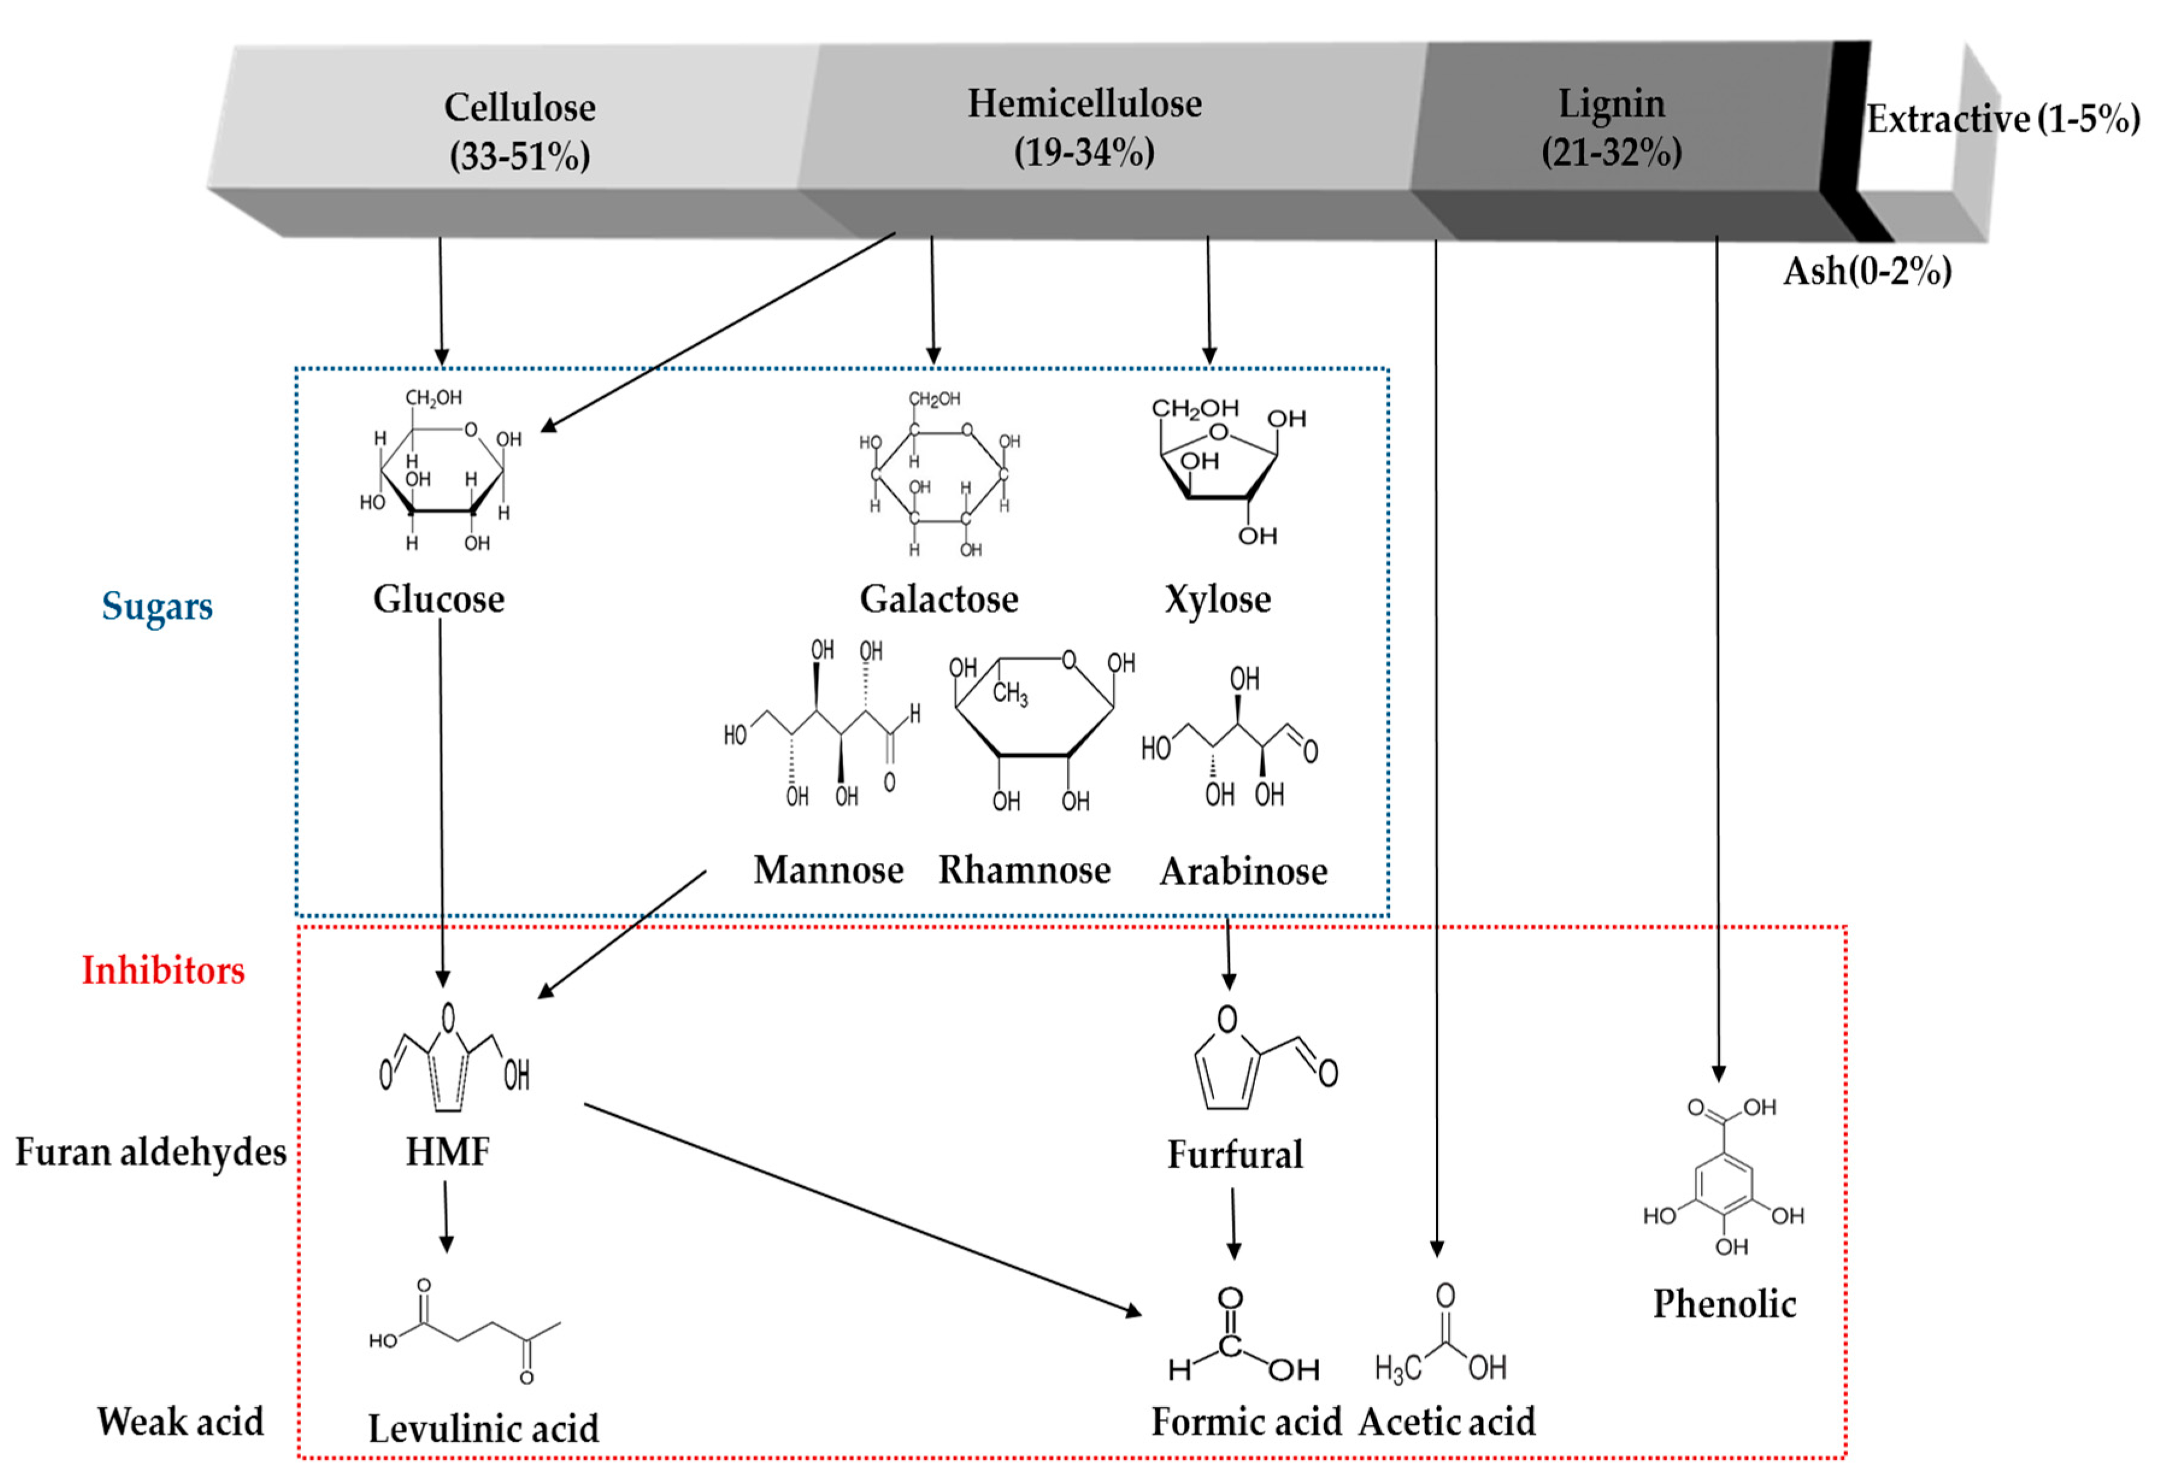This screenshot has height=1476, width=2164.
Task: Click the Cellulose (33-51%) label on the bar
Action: [520, 130]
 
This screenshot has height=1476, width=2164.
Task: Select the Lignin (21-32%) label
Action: [1612, 126]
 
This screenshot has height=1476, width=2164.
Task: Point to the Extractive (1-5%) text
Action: [2002, 119]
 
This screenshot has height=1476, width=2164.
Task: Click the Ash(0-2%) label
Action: [1867, 271]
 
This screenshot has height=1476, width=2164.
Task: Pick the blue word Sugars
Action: [157, 606]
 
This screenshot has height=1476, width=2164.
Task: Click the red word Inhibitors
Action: [163, 970]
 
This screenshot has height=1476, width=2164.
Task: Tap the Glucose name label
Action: [438, 599]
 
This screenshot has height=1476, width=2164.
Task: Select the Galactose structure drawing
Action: [938, 475]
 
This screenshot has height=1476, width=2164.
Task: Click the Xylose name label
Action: [1217, 599]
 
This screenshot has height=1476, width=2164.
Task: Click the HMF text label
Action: [447, 1152]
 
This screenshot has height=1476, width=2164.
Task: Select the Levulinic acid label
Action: [483, 1428]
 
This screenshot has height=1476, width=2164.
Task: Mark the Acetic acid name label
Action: [1446, 1422]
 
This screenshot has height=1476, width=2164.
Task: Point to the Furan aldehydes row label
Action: [150, 1152]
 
